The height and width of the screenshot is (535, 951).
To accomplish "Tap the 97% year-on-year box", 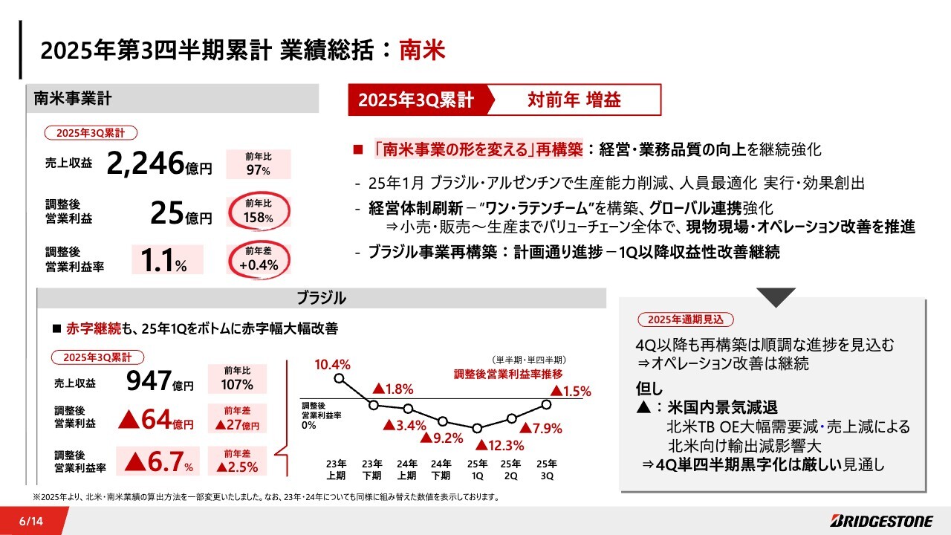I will [x=259, y=164].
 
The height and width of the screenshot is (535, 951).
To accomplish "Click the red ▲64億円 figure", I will [x=157, y=421].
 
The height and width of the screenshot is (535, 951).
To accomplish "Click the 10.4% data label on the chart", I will [x=331, y=364].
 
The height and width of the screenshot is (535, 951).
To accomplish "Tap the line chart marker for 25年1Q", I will [x=477, y=428].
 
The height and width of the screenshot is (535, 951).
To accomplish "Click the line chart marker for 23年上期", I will [x=340, y=377].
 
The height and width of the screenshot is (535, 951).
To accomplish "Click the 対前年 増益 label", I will [x=574, y=100].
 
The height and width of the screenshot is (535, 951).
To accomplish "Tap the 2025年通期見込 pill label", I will [x=685, y=320].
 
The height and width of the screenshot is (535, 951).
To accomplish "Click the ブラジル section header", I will [x=321, y=299].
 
